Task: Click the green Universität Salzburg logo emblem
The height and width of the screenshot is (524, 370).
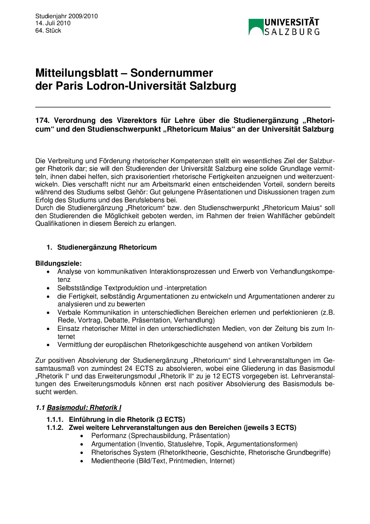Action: (x=256, y=27)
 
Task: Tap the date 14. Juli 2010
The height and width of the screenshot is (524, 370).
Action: (x=53, y=23)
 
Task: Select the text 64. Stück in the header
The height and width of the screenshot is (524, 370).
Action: (x=48, y=30)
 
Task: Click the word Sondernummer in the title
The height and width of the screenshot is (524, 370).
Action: (x=171, y=73)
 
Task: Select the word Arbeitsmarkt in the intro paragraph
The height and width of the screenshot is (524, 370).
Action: (x=170, y=184)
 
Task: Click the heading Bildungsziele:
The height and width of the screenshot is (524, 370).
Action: (x=58, y=263)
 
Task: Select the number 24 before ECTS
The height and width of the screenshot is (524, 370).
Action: (x=129, y=368)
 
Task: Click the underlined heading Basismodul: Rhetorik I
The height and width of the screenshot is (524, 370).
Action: (x=84, y=407)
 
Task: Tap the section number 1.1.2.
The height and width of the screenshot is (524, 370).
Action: (x=55, y=427)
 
